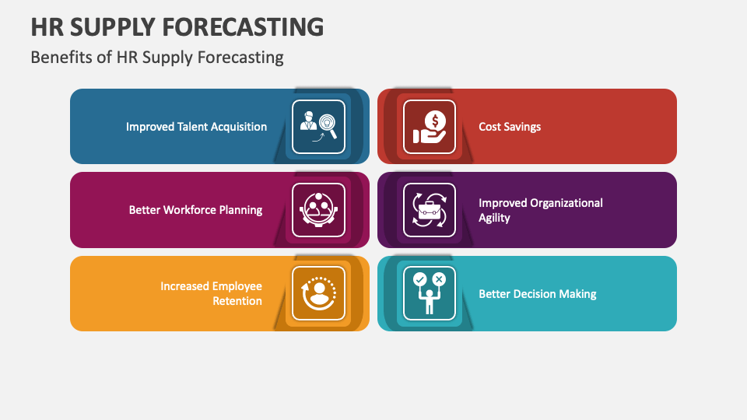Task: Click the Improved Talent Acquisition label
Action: click(x=196, y=127)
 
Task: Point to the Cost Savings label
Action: click(x=510, y=127)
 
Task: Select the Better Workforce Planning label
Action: click(x=195, y=210)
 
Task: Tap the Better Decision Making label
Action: click(x=537, y=294)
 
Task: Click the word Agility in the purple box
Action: click(x=494, y=218)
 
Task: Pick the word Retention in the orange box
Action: click(x=237, y=301)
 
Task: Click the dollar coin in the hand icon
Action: click(x=436, y=121)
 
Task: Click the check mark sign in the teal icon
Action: click(x=420, y=278)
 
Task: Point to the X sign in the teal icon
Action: click(x=439, y=278)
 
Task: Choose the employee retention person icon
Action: click(x=318, y=294)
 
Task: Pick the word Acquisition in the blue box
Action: click(x=233, y=127)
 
